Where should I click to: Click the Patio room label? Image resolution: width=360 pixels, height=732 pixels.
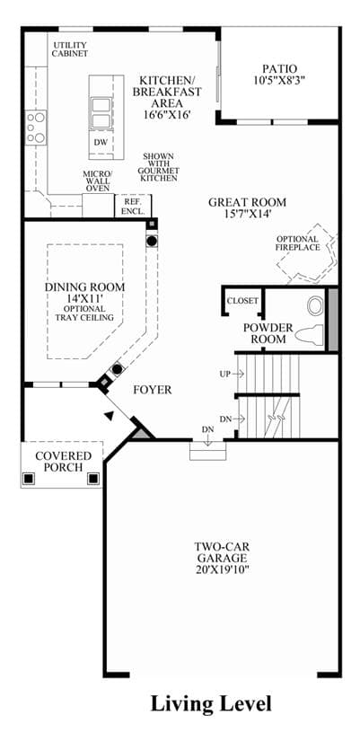click(279, 69)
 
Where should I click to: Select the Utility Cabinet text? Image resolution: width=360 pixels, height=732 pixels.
click(70, 49)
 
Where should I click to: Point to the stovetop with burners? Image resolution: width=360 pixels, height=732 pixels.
click(36, 127)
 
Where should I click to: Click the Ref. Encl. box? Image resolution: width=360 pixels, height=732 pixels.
click(133, 206)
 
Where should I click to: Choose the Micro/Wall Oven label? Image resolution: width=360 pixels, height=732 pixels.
click(97, 181)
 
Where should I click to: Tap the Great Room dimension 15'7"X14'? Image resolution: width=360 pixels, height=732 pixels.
click(247, 214)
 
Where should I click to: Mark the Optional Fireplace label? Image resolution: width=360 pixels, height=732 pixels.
click(298, 243)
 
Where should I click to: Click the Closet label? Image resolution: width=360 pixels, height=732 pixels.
click(242, 301)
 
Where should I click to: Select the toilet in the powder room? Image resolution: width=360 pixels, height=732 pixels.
click(310, 335)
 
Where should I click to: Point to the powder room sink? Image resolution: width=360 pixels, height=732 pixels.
click(316, 306)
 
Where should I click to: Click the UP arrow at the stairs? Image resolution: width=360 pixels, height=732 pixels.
click(238, 374)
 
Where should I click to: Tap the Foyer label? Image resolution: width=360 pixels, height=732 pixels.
click(153, 389)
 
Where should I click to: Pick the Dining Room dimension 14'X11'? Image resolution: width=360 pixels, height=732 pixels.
click(84, 299)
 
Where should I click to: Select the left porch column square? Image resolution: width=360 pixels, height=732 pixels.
click(29, 479)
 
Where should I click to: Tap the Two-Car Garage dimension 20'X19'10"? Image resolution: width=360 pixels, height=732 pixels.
click(222, 569)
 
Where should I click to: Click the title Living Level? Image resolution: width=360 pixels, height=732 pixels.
click(211, 702)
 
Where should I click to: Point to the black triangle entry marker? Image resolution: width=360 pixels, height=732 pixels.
click(109, 415)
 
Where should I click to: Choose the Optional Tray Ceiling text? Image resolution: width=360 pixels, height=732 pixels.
click(84, 313)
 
